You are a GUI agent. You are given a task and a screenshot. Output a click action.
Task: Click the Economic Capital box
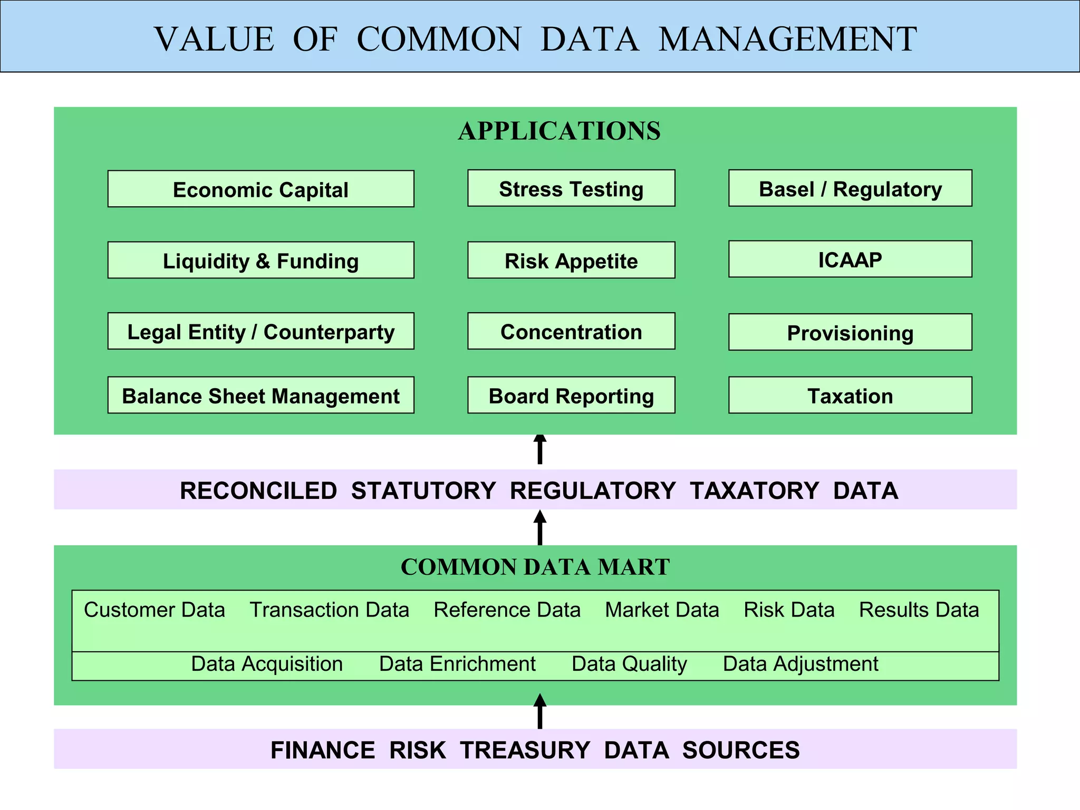pyautogui.click(x=261, y=189)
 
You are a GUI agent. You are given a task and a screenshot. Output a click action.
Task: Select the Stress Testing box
pyautogui.click(x=571, y=188)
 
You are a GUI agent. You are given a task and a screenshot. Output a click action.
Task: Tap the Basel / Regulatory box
pyautogui.click(x=850, y=188)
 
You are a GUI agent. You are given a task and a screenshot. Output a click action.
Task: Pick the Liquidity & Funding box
pyautogui.click(x=261, y=260)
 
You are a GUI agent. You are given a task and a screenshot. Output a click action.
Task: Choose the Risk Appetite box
pyautogui.click(x=571, y=260)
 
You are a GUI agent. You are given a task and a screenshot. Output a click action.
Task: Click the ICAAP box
pyautogui.click(x=850, y=259)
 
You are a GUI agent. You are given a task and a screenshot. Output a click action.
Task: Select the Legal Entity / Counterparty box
pyautogui.click(x=261, y=331)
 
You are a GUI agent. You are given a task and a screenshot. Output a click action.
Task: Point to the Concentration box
pyautogui.click(x=571, y=331)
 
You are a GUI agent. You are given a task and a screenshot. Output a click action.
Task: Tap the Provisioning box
pyautogui.click(x=850, y=332)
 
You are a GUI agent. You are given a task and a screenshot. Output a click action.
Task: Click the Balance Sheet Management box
pyautogui.click(x=261, y=395)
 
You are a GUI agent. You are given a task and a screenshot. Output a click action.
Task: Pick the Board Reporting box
pyautogui.click(x=571, y=395)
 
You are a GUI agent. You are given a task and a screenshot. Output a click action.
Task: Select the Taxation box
pyautogui.click(x=850, y=395)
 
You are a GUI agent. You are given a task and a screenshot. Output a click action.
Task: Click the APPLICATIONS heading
pyautogui.click(x=559, y=131)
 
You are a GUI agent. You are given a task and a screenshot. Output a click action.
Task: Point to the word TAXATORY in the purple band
pyautogui.click(x=754, y=490)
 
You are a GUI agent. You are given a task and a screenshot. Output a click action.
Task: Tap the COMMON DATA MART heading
pyautogui.click(x=535, y=567)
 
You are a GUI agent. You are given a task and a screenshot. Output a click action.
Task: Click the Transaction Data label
pyautogui.click(x=329, y=610)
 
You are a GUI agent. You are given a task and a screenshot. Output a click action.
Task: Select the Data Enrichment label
pyautogui.click(x=457, y=664)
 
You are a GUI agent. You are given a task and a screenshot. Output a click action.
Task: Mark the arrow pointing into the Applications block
pyautogui.click(x=540, y=449)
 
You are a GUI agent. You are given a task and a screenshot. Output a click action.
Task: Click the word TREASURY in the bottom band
pyautogui.click(x=525, y=750)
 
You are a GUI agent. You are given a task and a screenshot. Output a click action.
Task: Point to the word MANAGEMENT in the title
pyautogui.click(x=787, y=39)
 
